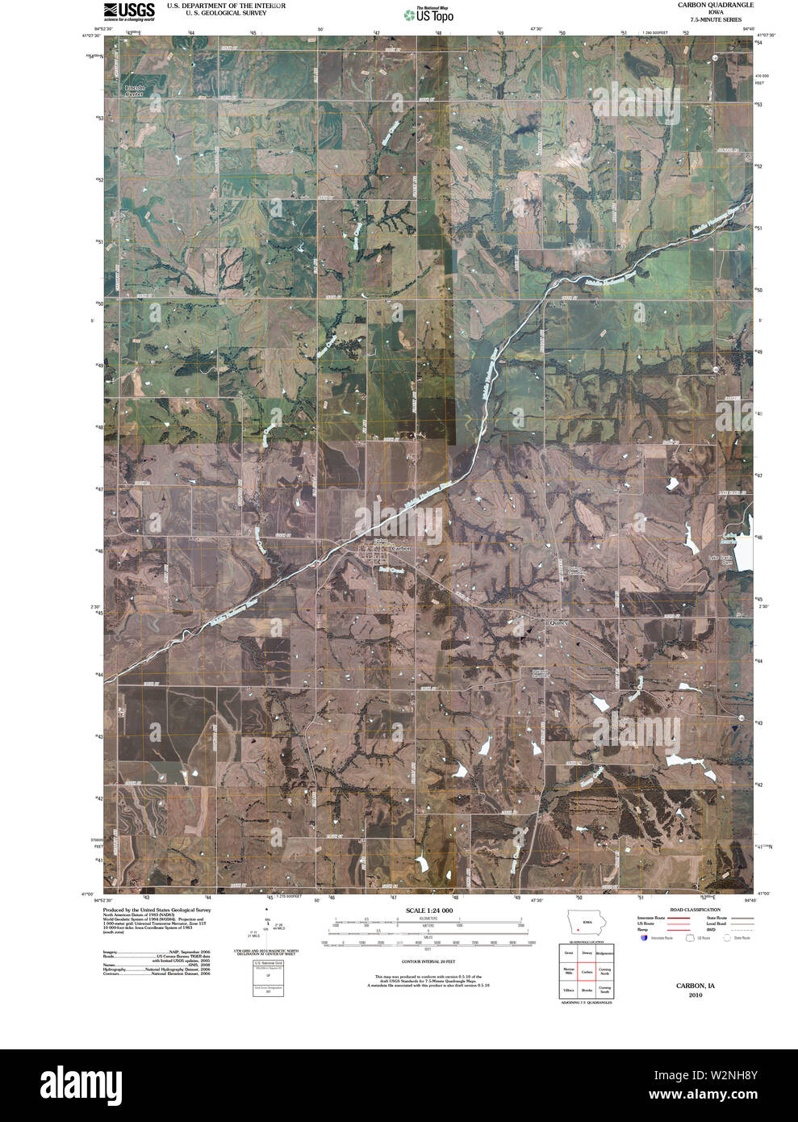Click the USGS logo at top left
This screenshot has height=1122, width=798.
(128, 11)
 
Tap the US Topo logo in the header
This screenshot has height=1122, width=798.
(429, 15)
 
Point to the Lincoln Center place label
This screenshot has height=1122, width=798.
(134, 90)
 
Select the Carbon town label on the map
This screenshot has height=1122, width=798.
(400, 549)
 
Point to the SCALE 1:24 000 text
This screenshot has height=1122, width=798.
(428, 911)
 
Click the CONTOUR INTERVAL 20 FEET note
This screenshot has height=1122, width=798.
(428, 962)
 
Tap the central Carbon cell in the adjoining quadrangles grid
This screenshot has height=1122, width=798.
(587, 972)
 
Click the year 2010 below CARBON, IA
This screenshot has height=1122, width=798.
(696, 995)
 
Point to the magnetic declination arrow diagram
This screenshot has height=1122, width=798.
(267, 928)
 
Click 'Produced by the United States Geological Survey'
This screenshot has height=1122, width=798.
(157, 910)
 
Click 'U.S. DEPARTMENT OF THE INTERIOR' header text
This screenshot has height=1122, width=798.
(226, 6)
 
